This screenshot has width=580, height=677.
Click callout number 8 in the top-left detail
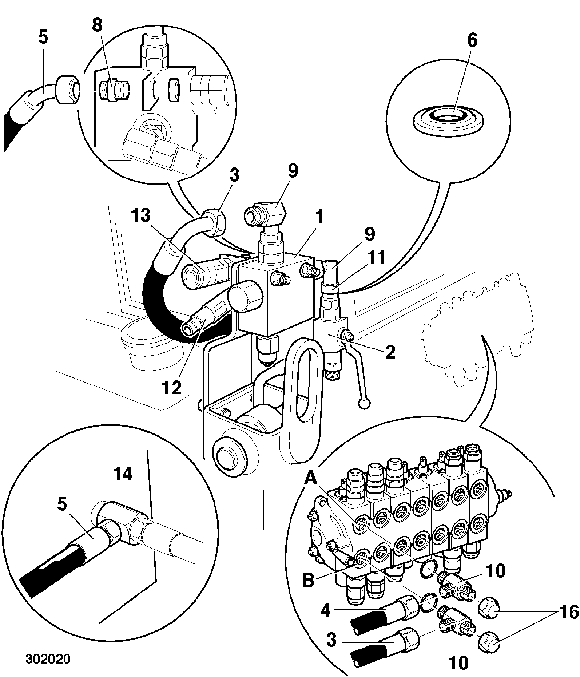[97, 26]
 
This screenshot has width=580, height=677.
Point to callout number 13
[141, 216]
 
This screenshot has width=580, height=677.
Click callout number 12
[172, 388]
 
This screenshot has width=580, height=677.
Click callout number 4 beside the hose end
[326, 610]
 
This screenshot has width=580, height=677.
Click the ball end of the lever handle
[365, 403]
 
